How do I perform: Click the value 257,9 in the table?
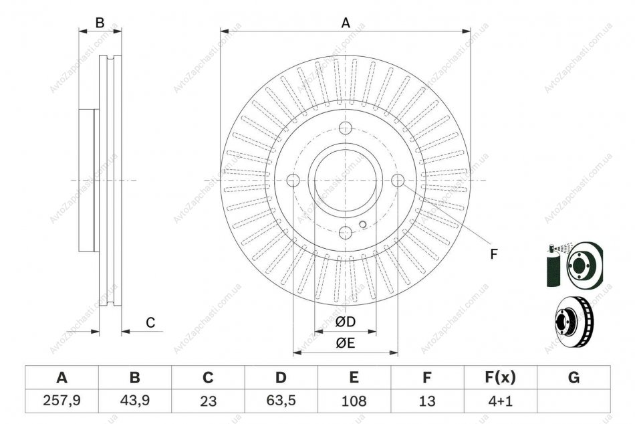61,401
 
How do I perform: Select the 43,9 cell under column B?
135,401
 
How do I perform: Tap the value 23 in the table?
208,401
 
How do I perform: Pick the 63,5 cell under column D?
281,401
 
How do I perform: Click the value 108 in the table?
354,401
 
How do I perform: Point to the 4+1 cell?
500,401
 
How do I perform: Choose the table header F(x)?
500,378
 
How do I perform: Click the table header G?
574,378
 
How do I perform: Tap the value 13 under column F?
427,401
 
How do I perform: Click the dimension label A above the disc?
346,23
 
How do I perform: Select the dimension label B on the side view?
100,23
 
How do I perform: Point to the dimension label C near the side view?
150,323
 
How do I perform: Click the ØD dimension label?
346,322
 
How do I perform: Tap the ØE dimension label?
346,343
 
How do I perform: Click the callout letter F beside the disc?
493,255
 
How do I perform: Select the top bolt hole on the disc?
345,128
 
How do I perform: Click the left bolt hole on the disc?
293,181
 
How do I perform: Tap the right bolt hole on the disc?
398,181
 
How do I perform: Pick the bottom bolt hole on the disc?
345,233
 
